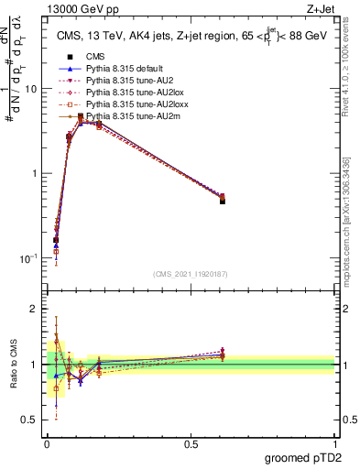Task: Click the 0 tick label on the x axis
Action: click(47, 442)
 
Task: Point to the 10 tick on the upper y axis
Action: click(32, 89)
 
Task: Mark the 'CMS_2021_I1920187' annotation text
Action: click(190, 273)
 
